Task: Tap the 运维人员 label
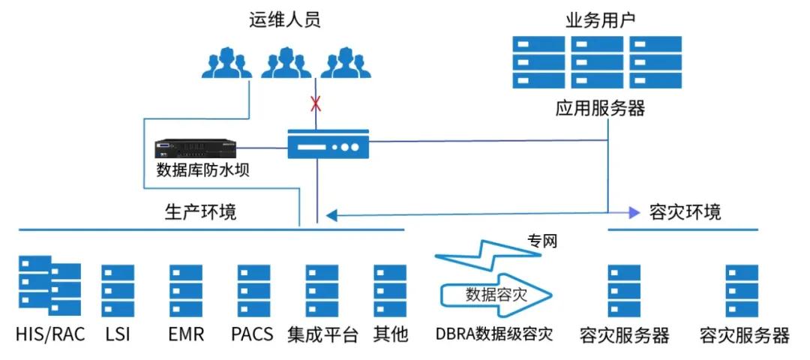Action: pyautogui.click(x=284, y=19)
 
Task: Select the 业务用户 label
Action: pyautogui.click(x=599, y=19)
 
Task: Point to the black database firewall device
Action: pyautogui.click(x=196, y=147)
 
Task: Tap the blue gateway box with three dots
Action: pyautogui.click(x=328, y=143)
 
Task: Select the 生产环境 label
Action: pyautogui.click(x=200, y=212)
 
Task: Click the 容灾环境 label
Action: pyautogui.click(x=685, y=212)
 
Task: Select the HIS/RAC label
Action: pyautogui.click(x=50, y=334)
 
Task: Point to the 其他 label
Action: pyautogui.click(x=391, y=334)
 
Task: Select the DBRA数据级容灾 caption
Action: pyautogui.click(x=494, y=334)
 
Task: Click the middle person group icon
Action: pyautogui.click(x=286, y=62)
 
